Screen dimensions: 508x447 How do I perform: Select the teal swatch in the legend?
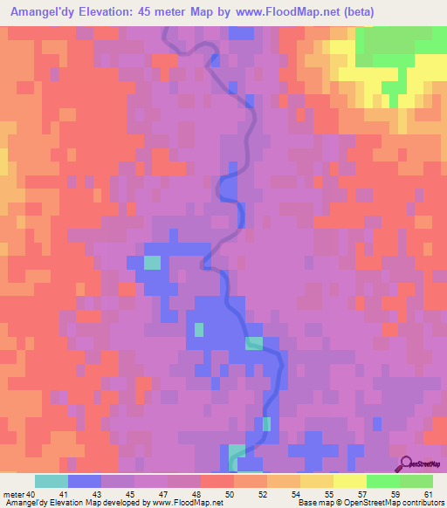coord(51,481)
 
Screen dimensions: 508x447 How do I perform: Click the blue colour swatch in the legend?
coord(84,481)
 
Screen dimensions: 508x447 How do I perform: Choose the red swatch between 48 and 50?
coord(217,481)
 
